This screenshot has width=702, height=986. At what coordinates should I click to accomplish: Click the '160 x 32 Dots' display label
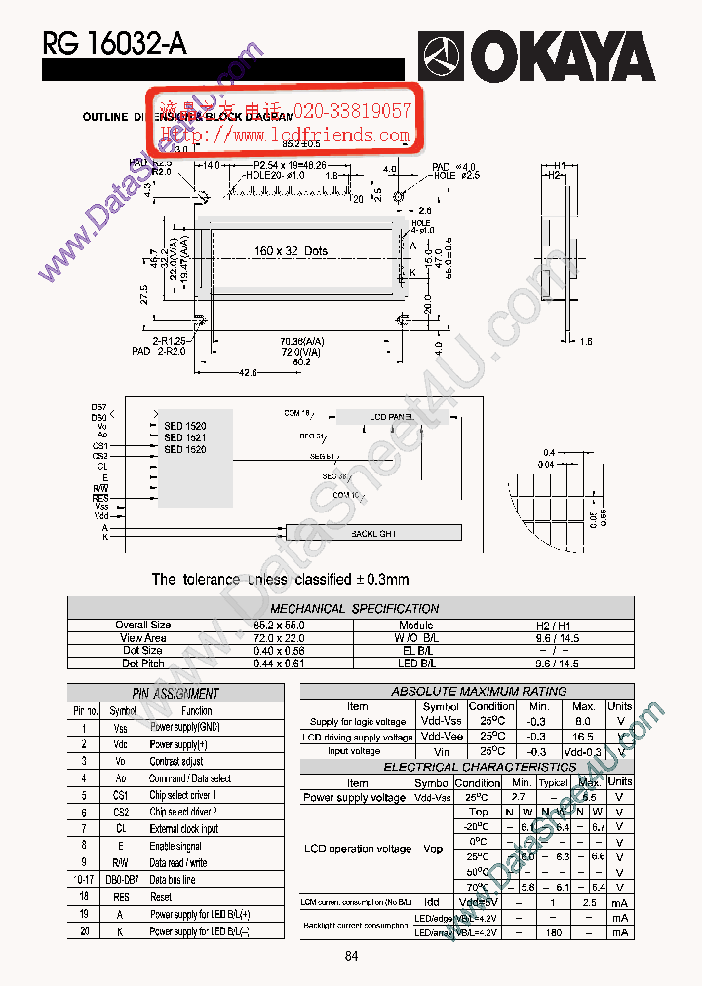point(291,251)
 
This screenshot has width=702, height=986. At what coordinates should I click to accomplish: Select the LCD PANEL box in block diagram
point(392,417)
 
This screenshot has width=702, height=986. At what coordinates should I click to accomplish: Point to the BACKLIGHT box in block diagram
point(373,534)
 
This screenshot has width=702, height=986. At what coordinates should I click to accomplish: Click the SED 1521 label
point(184,437)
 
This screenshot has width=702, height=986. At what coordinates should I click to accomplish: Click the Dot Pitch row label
point(142,664)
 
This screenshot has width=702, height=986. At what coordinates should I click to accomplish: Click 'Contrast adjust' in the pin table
point(176,762)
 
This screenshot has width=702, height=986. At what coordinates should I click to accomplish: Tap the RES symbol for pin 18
point(122,897)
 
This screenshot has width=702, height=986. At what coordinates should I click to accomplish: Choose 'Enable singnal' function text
point(175,846)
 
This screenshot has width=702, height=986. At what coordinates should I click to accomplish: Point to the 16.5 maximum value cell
point(583,738)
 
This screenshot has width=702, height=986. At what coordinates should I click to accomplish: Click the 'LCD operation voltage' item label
point(358,849)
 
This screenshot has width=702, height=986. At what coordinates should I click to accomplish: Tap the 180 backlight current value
point(554,933)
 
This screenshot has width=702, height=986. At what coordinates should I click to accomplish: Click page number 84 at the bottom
point(352,956)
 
